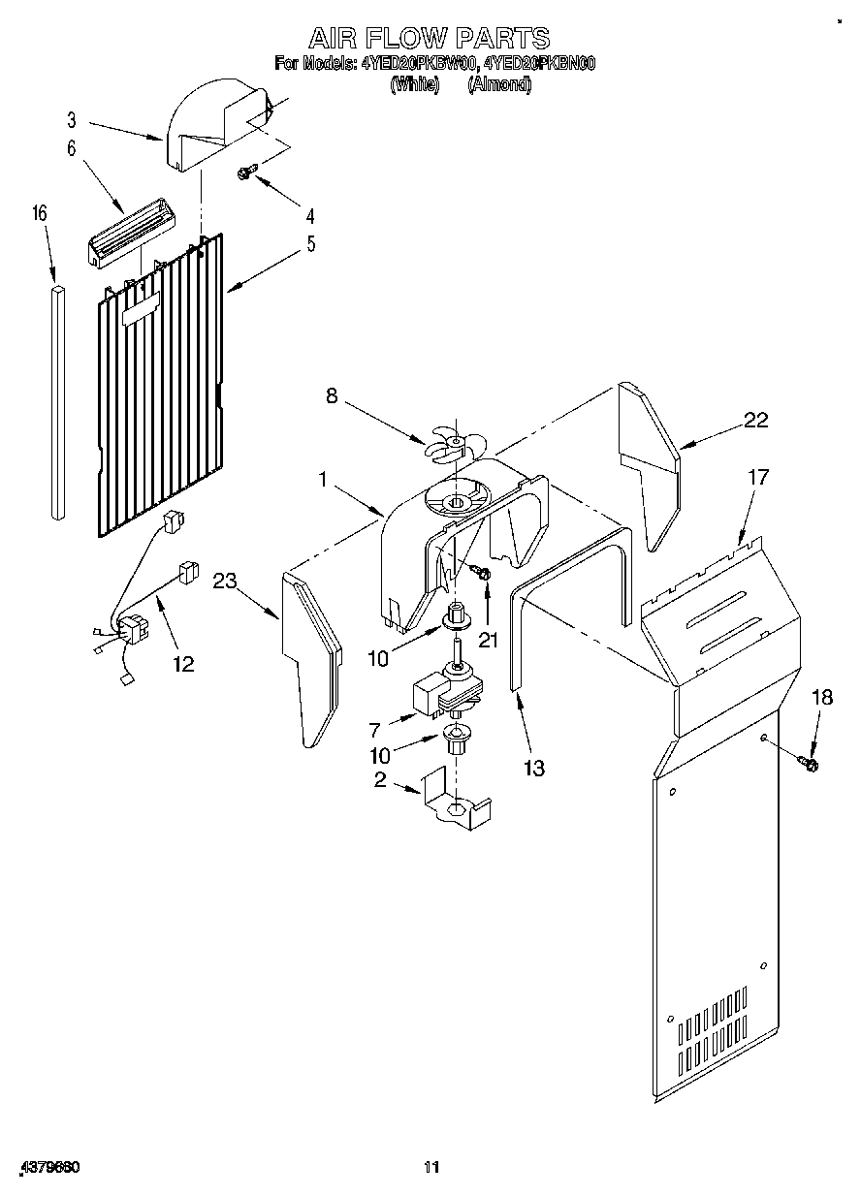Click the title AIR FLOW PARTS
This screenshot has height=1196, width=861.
coord(429,38)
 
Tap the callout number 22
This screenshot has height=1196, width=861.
coord(755,420)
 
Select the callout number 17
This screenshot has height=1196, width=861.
coord(757,477)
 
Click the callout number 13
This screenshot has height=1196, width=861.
coord(532,768)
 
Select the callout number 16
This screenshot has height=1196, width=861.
coord(41,214)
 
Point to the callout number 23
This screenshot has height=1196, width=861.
coord(226,582)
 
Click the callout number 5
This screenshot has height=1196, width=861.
coord(310,244)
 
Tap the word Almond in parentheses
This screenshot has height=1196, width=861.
coord(499,85)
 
